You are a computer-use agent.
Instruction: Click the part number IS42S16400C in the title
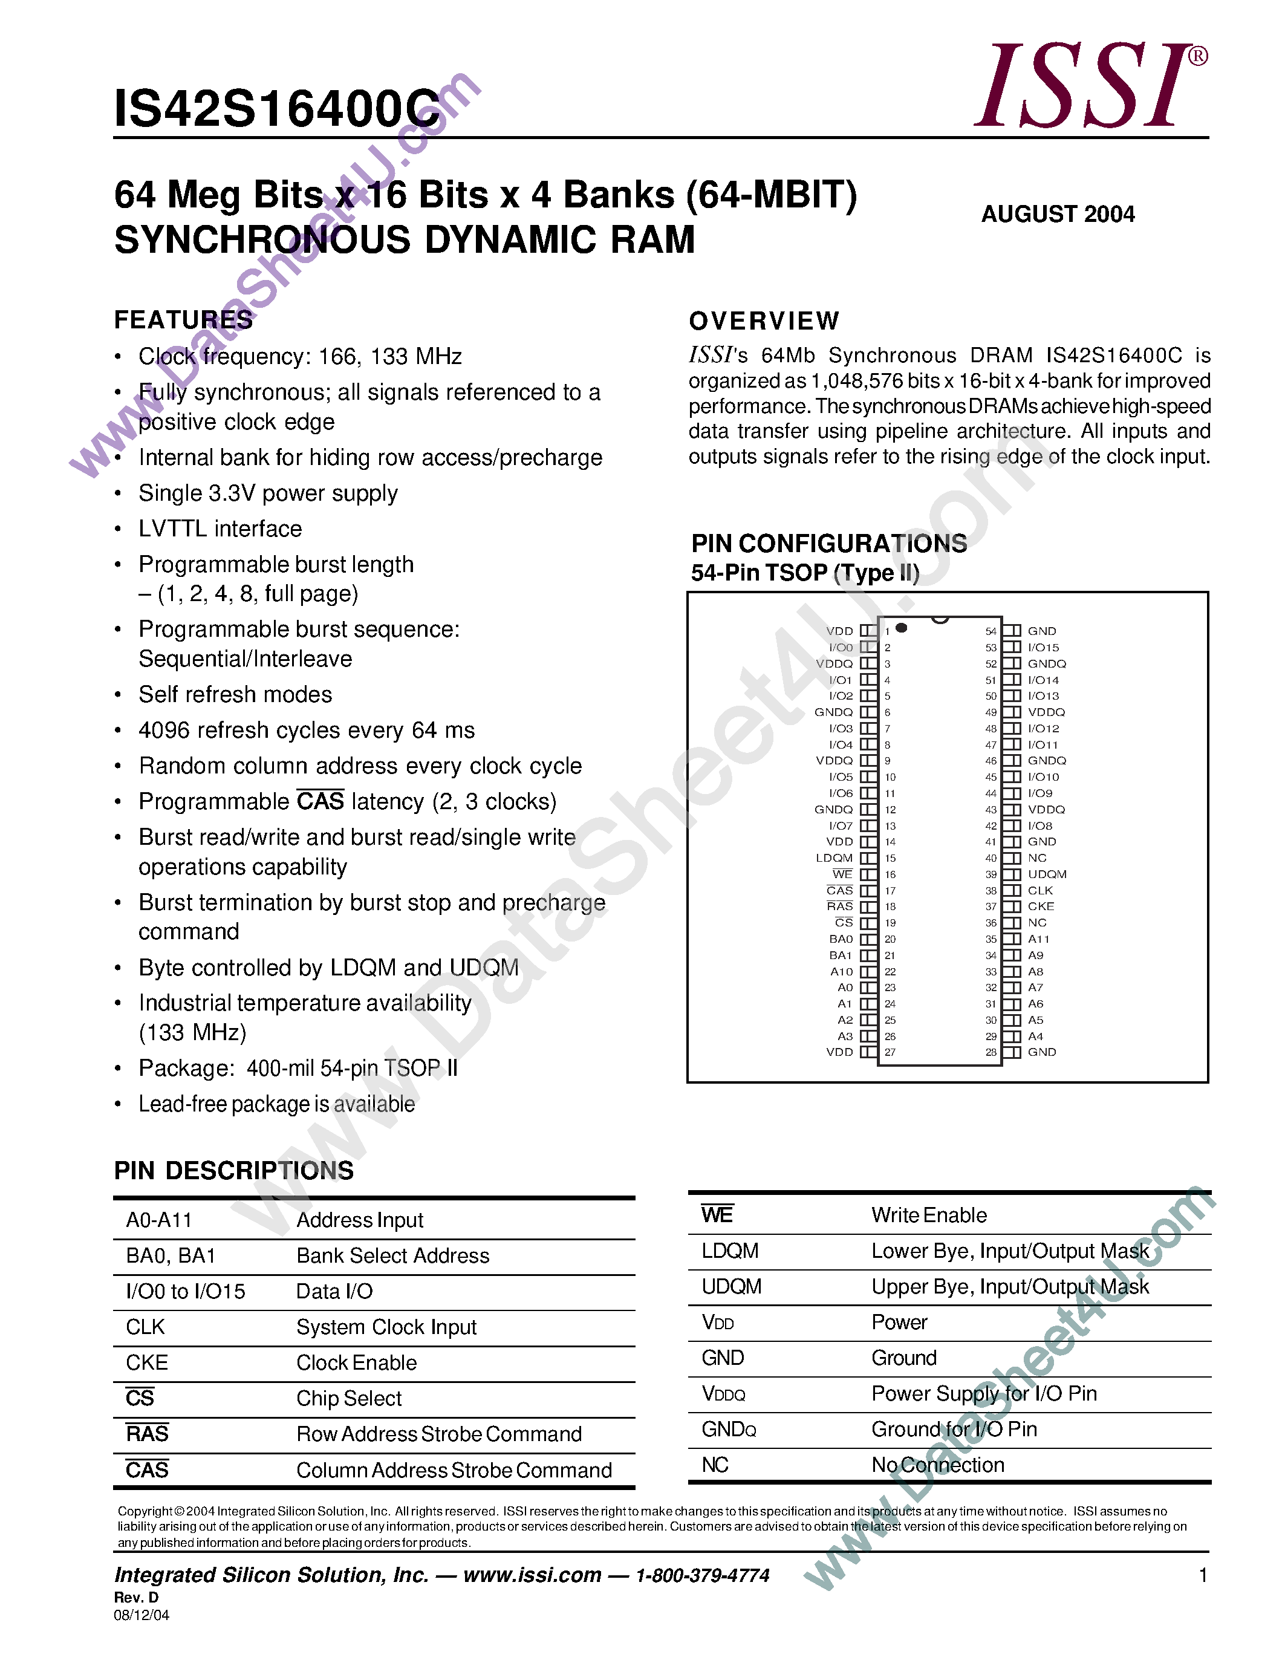[x=277, y=109]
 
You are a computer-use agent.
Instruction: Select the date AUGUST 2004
[x=1058, y=214]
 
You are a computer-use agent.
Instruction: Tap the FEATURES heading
[x=183, y=320]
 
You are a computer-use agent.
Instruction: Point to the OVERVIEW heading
[x=764, y=321]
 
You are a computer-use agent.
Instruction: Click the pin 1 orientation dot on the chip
[x=902, y=628]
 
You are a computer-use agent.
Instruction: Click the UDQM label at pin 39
[x=1047, y=874]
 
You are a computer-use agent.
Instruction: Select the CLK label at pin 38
[x=1040, y=890]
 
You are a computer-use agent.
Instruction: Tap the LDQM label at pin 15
[x=834, y=858]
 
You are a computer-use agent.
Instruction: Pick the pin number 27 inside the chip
[x=890, y=1052]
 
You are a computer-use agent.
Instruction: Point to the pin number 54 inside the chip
[x=991, y=631]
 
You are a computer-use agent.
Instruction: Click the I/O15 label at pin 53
[x=1043, y=647]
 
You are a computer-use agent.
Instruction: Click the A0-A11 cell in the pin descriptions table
[x=159, y=1220]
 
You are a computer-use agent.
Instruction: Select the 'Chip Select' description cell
[x=349, y=1399]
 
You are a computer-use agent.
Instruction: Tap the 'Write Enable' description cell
[x=929, y=1216]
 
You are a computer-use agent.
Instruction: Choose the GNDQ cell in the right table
[x=729, y=1429]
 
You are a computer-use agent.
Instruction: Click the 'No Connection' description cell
[x=937, y=1465]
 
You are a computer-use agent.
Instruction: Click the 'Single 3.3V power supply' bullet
[x=268, y=493]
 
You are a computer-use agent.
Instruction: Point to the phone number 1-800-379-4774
[x=702, y=1575]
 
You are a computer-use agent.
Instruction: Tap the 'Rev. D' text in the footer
[x=136, y=1598]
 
